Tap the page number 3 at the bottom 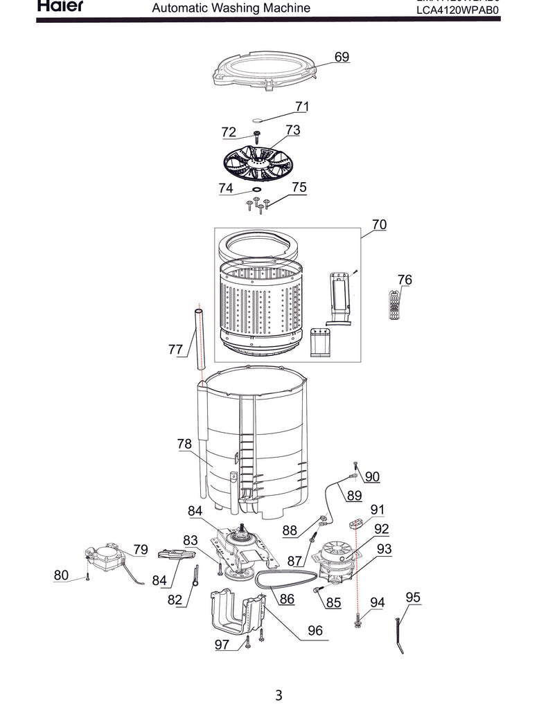click(x=278, y=694)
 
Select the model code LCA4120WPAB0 click(x=457, y=11)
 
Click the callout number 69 click(x=342, y=57)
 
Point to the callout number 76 click(x=405, y=280)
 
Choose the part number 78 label click(x=184, y=445)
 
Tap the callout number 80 click(x=61, y=575)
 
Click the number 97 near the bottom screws click(x=222, y=645)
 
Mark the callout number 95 click(x=413, y=598)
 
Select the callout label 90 click(x=372, y=476)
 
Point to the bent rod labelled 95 click(x=400, y=636)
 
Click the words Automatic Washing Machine click(x=231, y=9)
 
